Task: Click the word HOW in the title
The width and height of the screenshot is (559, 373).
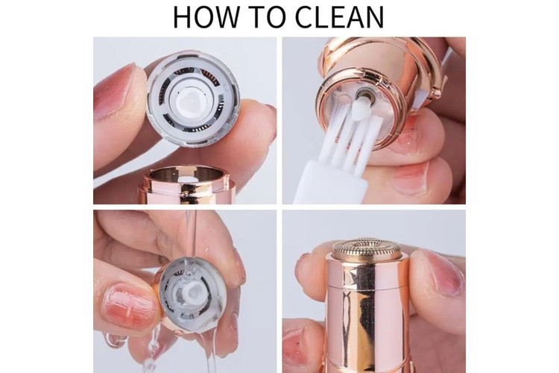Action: (206, 16)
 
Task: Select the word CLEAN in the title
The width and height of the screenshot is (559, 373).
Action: (340, 16)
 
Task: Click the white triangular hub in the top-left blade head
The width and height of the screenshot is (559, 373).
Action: (189, 101)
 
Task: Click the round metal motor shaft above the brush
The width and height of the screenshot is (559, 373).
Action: (364, 95)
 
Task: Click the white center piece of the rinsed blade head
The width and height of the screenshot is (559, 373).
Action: (191, 292)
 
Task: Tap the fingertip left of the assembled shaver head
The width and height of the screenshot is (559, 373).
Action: (309, 272)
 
